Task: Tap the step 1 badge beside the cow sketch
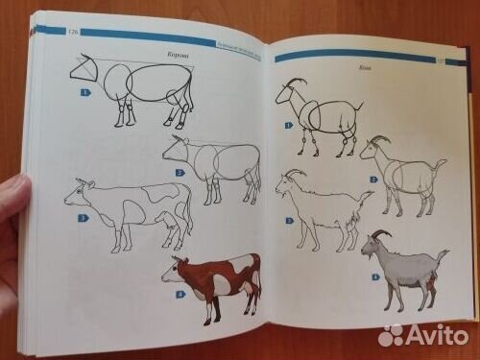pyautogui.click(x=84, y=92)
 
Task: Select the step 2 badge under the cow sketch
pyautogui.click(x=180, y=173)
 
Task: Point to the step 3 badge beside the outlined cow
pyautogui.click(x=83, y=218)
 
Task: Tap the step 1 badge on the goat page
pyautogui.click(x=289, y=125)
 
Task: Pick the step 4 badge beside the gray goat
pyautogui.click(x=375, y=277)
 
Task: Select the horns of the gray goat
pyautogui.click(x=380, y=233)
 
